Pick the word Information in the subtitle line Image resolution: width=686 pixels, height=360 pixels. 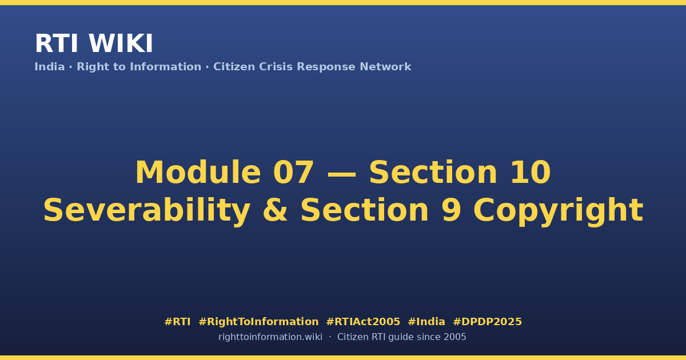pyautogui.click(x=166, y=67)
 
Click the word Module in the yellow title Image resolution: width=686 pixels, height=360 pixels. pyautogui.click(x=198, y=172)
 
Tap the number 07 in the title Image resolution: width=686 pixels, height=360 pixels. pyautogui.click(x=293, y=172)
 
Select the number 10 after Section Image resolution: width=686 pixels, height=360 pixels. pyautogui.click(x=531, y=172)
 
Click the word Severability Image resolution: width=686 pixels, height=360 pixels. pyautogui.click(x=147, y=210)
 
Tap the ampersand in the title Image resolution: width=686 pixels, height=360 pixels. pyautogui.click(x=276, y=210)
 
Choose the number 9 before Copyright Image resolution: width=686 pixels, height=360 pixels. pyautogui.click(x=451, y=210)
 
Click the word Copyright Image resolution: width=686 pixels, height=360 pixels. pyautogui.click(x=558, y=211)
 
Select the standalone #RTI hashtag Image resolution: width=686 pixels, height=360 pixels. pyautogui.click(x=177, y=322)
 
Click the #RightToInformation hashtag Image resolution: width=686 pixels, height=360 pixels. pyautogui.click(x=258, y=322)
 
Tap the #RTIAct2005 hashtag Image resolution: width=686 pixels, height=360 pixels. pyautogui.click(x=363, y=322)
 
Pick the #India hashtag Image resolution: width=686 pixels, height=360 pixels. pyautogui.click(x=426, y=322)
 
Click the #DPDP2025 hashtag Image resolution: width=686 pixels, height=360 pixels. pyautogui.click(x=487, y=322)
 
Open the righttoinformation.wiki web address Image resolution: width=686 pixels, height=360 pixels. pyautogui.click(x=270, y=337)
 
